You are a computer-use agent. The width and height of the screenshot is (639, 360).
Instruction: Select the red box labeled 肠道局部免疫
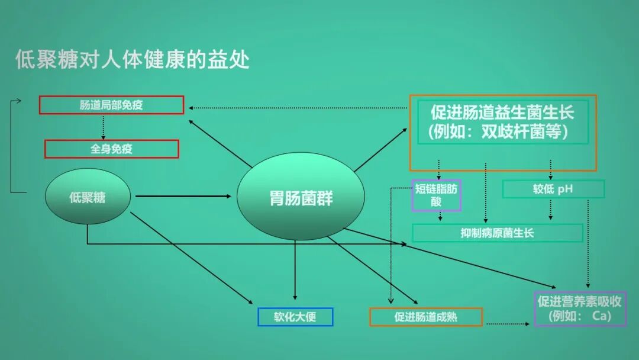pyautogui.click(x=112, y=105)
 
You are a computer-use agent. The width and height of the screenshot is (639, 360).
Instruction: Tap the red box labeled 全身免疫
pyautogui.click(x=112, y=149)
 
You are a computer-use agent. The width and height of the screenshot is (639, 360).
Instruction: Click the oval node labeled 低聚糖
pyautogui.click(x=88, y=198)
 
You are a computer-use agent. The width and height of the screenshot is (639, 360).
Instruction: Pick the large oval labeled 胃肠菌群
pyautogui.click(x=301, y=197)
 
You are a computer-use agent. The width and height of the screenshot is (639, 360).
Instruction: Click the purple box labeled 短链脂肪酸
pyautogui.click(x=437, y=195)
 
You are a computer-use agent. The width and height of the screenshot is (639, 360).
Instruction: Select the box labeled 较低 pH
pyautogui.click(x=553, y=189)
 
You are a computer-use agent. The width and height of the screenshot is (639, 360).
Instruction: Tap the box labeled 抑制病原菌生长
pyautogui.click(x=497, y=233)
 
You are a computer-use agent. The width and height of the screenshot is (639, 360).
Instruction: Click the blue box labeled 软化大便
pyautogui.click(x=295, y=317)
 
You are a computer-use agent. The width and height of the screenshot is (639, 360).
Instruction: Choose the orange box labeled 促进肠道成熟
pyautogui.click(x=426, y=317)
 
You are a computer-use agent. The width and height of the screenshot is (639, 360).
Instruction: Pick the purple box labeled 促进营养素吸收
pyautogui.click(x=579, y=301)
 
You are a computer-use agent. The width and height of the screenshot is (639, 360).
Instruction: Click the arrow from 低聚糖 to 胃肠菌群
pyautogui.click(x=183, y=196)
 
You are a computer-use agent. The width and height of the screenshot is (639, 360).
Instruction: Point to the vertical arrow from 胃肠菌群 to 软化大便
pyautogui.click(x=295, y=269)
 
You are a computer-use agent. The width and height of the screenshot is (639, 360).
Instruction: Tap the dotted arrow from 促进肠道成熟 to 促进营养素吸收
pyautogui.click(x=506, y=324)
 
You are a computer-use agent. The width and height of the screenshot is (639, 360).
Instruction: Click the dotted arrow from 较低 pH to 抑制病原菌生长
pyautogui.click(x=551, y=210)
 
